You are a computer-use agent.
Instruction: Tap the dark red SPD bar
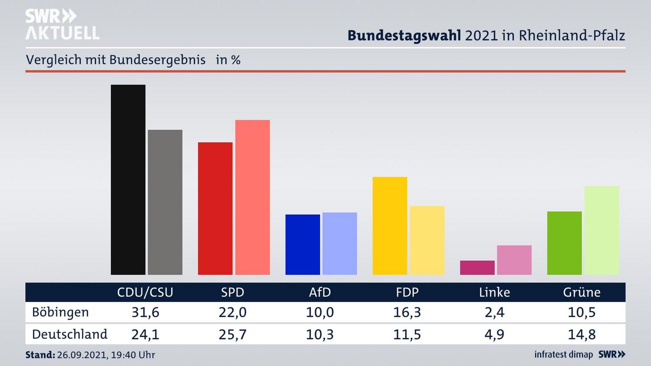point(215,208)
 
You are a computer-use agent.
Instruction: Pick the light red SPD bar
point(252,197)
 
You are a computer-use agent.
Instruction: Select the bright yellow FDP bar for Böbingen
point(390,225)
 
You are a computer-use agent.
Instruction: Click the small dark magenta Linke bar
point(477,267)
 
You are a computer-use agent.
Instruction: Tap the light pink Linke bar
point(514,260)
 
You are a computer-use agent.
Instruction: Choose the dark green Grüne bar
point(564,243)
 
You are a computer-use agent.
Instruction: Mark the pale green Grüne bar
point(601,230)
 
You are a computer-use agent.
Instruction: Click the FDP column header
point(407,292)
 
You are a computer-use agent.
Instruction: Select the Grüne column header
point(581,292)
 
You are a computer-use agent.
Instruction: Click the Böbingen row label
point(60,312)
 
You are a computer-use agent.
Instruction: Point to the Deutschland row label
point(70,334)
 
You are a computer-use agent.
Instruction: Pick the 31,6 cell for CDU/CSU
point(145,312)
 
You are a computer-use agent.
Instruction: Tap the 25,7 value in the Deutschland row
point(232,334)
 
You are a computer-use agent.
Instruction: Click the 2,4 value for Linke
point(494,312)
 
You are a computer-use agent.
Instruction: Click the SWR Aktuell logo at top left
point(62,24)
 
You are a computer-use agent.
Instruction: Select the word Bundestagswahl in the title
point(404,36)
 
